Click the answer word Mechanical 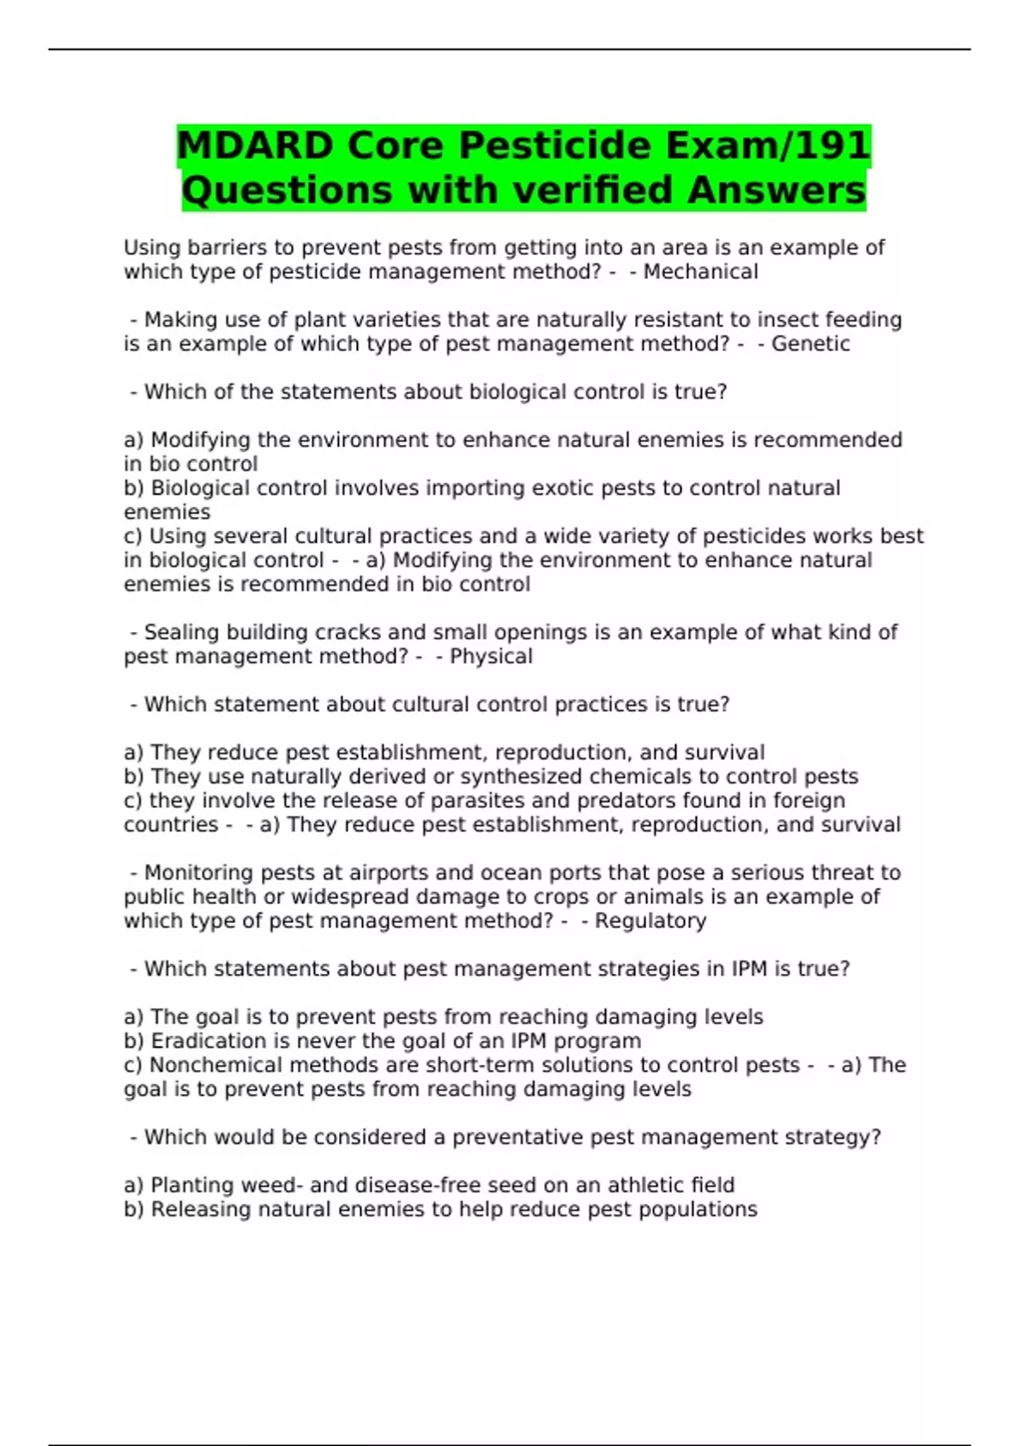point(700,272)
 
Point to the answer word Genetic point(810,344)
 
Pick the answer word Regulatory point(650,921)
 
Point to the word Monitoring point(199,873)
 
